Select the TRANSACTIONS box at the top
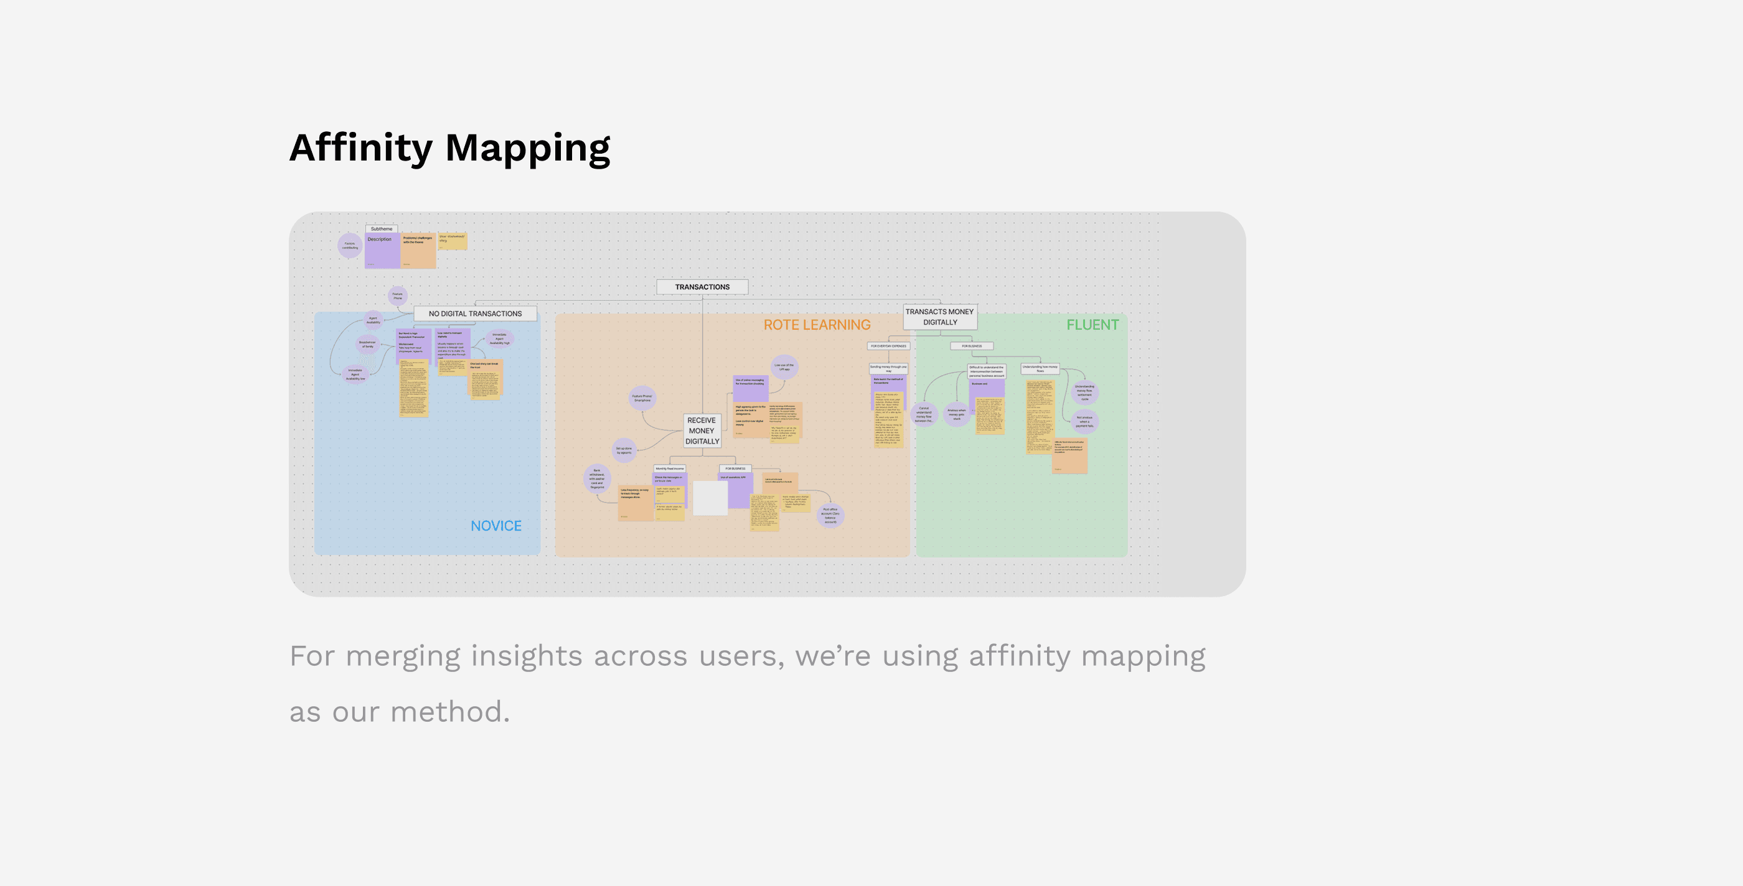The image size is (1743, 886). [702, 287]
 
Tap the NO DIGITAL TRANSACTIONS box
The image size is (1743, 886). [475, 314]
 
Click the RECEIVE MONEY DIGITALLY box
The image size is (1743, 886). [702, 431]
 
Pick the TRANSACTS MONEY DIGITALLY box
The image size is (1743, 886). [939, 317]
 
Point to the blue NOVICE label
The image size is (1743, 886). [496, 526]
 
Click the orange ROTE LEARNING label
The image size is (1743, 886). [817, 325]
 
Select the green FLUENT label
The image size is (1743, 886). [1092, 325]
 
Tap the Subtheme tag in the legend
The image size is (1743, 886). [382, 228]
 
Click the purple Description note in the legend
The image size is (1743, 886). [382, 250]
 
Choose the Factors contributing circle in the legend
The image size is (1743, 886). [350, 245]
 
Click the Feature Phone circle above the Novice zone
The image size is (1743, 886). [398, 296]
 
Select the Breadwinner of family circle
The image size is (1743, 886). [367, 344]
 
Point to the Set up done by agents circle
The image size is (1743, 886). [624, 450]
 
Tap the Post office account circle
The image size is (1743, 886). [830, 515]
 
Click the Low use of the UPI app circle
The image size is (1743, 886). [784, 366]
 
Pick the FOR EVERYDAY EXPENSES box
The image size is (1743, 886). [888, 345]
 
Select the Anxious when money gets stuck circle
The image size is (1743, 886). [957, 414]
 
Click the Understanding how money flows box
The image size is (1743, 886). [1040, 368]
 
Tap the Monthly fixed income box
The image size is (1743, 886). [669, 468]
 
